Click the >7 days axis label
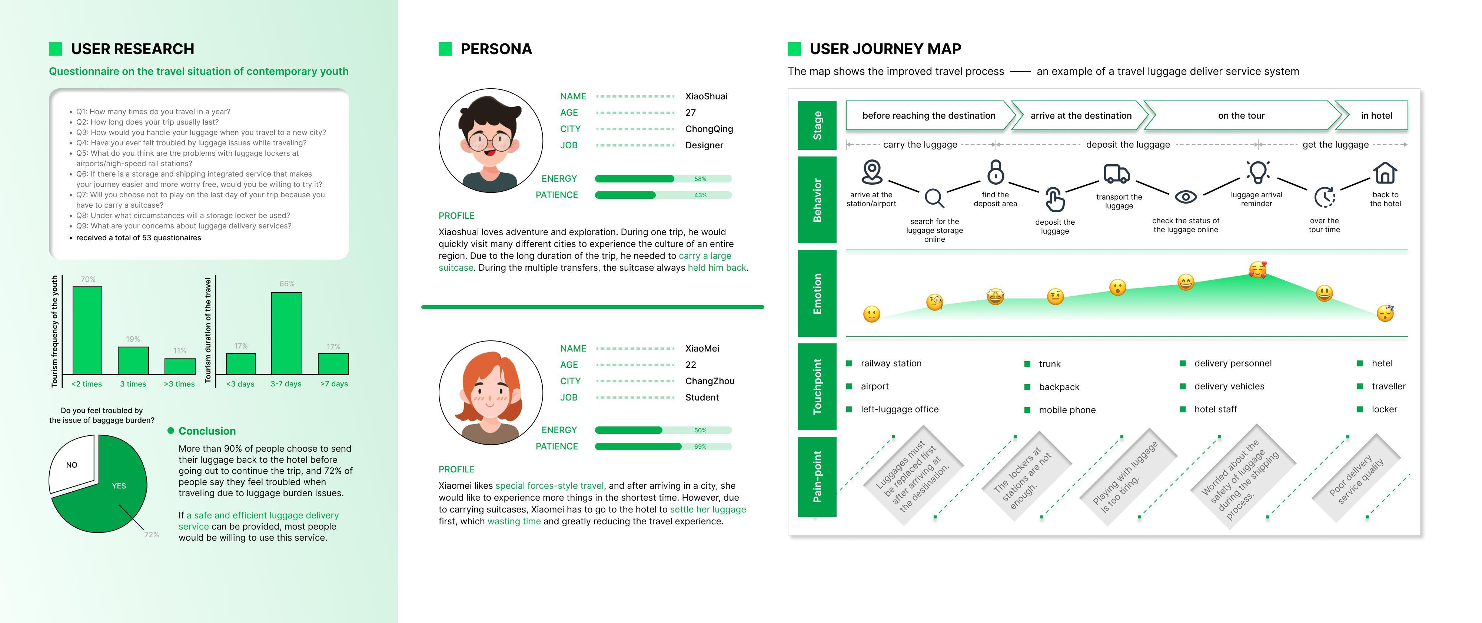334,384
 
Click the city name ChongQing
709,129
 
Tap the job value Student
702,397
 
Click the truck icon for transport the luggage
1117,173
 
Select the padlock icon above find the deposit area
995,172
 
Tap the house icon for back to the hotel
1385,173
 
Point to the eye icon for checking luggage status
1186,197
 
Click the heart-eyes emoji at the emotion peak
1257,270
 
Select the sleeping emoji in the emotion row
1385,313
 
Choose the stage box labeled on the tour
1241,116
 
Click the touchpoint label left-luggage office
899,409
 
